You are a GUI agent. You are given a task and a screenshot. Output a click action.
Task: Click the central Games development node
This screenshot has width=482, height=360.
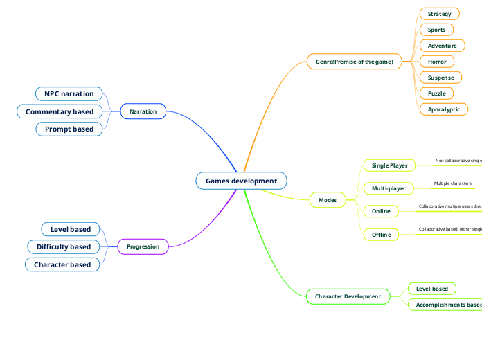click(241, 181)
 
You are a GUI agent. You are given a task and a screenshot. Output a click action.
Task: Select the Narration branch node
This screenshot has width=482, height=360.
click(143, 111)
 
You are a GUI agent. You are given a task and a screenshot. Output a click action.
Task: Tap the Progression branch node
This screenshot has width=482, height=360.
click(143, 246)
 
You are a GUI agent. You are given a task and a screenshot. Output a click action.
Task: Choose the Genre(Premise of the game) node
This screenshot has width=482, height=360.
click(354, 62)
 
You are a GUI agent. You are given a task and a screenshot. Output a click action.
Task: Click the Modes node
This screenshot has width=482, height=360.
click(327, 200)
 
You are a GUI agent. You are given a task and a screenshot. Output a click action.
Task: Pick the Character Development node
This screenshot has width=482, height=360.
click(348, 296)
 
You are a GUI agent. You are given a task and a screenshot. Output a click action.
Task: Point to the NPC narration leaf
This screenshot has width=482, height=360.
click(69, 93)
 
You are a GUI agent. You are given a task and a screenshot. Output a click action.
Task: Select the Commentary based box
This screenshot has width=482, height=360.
click(60, 111)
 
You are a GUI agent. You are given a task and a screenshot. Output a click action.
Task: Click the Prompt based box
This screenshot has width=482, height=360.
click(69, 129)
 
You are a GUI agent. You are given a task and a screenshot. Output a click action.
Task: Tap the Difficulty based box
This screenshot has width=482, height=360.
click(64, 246)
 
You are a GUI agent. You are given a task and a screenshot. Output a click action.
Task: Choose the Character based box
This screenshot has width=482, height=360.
click(62, 264)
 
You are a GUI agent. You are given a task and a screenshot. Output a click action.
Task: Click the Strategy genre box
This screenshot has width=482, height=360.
click(439, 14)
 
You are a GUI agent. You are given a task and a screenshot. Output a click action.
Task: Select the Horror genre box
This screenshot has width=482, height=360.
click(437, 62)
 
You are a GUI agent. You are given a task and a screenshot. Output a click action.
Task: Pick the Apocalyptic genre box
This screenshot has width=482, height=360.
click(443, 109)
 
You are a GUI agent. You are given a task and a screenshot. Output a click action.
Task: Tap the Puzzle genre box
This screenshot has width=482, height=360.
click(436, 93)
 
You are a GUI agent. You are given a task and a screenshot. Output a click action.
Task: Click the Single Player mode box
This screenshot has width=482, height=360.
click(389, 165)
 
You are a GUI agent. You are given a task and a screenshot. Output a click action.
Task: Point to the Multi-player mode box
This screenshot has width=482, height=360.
click(389, 188)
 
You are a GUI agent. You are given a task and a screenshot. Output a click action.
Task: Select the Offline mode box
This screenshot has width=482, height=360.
click(381, 235)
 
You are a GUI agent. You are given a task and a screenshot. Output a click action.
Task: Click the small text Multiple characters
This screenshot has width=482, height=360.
click(452, 183)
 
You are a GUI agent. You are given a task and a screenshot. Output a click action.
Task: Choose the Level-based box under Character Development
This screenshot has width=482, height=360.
click(431, 289)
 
